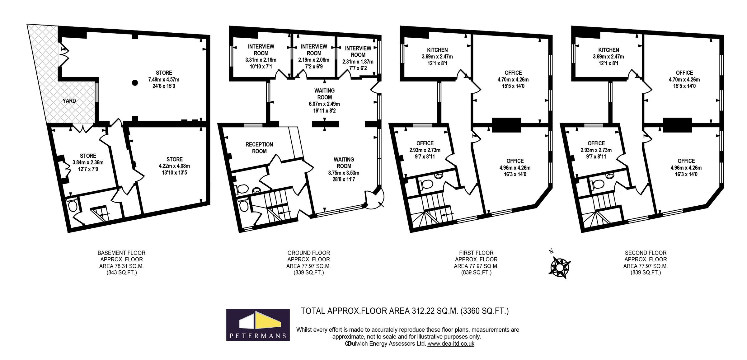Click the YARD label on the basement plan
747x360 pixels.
(69, 101)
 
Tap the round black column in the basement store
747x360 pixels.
(134, 83)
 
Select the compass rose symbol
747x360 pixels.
(561, 267)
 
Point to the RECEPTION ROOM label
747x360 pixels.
(259, 148)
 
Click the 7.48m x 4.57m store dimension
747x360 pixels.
(164, 80)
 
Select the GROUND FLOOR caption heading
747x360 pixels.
(308, 253)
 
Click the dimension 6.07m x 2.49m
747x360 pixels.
(324, 104)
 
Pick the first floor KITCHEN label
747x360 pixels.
(437, 50)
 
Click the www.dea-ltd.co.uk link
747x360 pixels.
(451, 344)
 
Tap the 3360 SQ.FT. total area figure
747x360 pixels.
(485, 311)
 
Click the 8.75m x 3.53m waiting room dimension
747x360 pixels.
(344, 173)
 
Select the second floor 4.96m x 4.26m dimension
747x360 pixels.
(686, 168)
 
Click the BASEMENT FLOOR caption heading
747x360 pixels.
(121, 253)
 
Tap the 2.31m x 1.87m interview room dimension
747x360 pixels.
(358, 62)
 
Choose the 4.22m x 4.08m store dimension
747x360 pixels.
(174, 166)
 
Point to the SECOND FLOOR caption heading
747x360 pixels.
(646, 253)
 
